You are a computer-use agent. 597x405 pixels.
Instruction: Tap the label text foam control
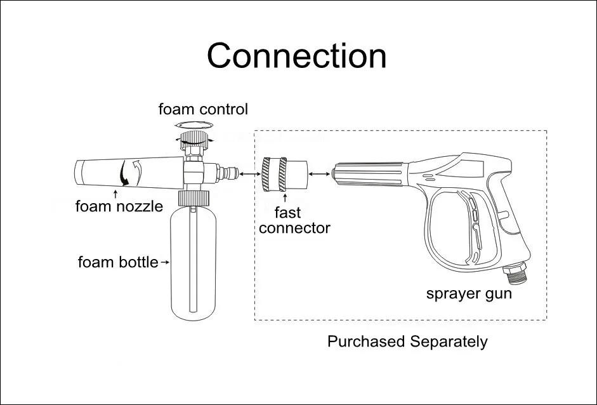click(203, 109)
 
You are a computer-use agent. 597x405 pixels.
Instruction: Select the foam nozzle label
click(119, 206)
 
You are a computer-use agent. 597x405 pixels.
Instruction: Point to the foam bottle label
click(117, 262)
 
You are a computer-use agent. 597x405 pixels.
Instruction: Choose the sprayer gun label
click(468, 294)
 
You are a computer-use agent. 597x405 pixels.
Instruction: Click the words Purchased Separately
click(407, 342)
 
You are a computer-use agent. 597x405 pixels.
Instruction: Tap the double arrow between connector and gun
click(319, 171)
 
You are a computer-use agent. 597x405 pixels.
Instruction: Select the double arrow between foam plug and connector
click(244, 171)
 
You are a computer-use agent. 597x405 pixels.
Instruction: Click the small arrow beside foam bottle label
click(165, 262)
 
